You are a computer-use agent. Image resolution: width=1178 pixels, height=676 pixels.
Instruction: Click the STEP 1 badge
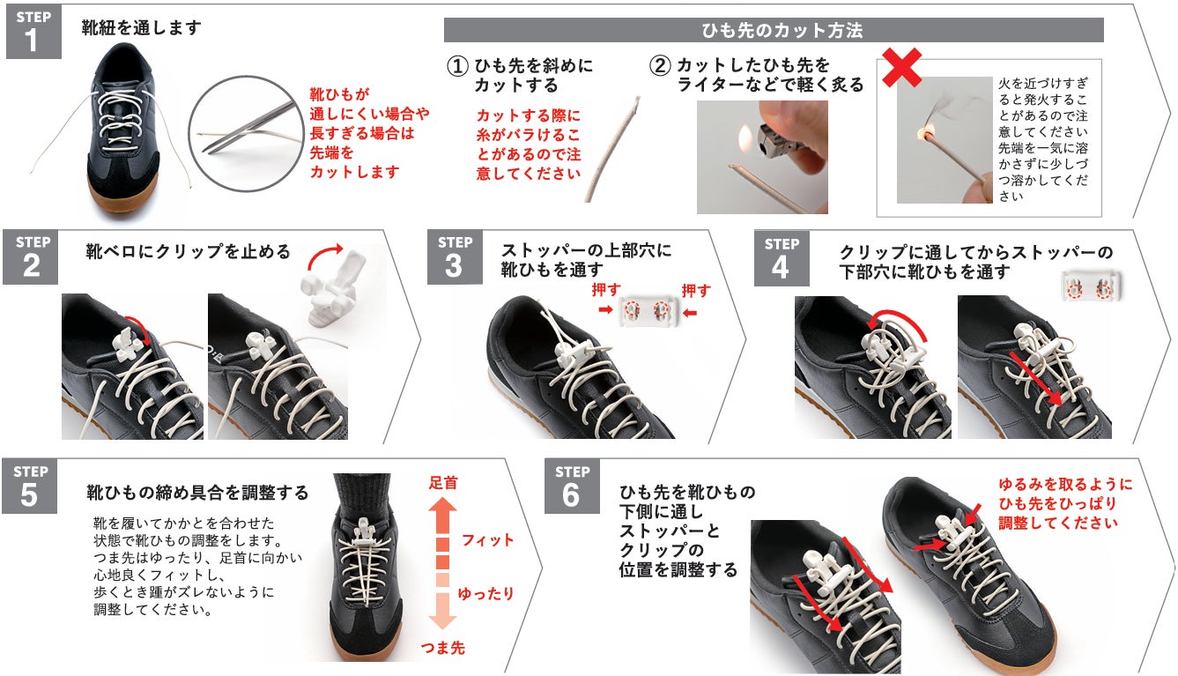pos(33,32)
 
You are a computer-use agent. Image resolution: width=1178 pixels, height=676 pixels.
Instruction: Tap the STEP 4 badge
pos(782,258)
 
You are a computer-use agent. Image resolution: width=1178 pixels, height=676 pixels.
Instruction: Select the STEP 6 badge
pos(572,486)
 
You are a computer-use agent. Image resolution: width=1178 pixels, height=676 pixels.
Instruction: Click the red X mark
pos(901,67)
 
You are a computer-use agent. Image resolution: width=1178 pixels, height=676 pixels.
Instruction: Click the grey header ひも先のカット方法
pos(774,30)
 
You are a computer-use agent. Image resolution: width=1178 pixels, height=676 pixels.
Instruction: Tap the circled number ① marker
pos(457,66)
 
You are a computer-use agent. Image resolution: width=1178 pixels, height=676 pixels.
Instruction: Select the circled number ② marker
pos(660,66)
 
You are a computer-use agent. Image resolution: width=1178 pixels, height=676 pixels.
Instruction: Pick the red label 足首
pos(443,482)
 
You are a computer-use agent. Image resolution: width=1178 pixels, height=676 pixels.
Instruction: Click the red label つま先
pos(443,648)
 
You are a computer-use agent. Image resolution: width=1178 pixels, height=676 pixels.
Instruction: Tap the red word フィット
pos(487,539)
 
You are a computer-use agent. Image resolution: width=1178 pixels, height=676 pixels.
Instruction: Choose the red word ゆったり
pos(486,594)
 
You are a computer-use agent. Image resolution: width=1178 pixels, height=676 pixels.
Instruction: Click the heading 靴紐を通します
pos(142,27)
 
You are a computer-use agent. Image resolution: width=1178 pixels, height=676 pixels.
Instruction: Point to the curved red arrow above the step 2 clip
pos(322,254)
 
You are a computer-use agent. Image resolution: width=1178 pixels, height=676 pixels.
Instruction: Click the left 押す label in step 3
pos(606,290)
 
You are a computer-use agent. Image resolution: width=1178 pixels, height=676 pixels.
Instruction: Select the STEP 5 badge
pos(29,486)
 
